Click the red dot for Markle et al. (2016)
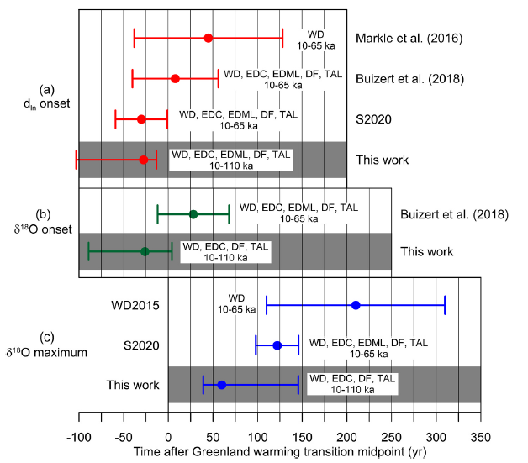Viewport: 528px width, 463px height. (x=208, y=38)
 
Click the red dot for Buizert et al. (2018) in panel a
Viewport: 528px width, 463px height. (x=175, y=78)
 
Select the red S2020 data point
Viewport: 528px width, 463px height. (x=141, y=119)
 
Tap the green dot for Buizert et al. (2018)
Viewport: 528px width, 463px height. (x=193, y=214)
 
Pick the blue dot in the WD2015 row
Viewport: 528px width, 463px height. (x=356, y=304)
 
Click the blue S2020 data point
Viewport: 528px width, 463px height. (x=277, y=345)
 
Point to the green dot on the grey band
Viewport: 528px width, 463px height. (x=145, y=251)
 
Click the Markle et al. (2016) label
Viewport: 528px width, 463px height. (x=409, y=39)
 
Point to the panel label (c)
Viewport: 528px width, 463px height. (x=43, y=338)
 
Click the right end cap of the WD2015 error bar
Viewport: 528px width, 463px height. (x=445, y=304)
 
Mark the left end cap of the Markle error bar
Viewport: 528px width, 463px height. (x=134, y=38)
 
